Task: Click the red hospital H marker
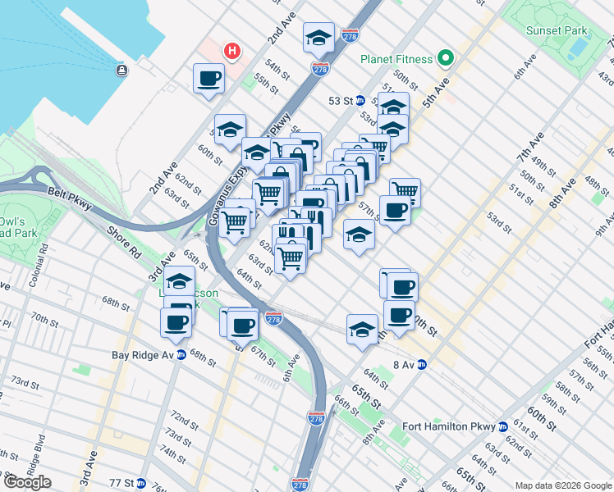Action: (233, 51)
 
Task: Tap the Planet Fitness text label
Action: (395, 58)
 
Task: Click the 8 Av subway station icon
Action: (423, 364)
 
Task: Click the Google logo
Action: (27, 482)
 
